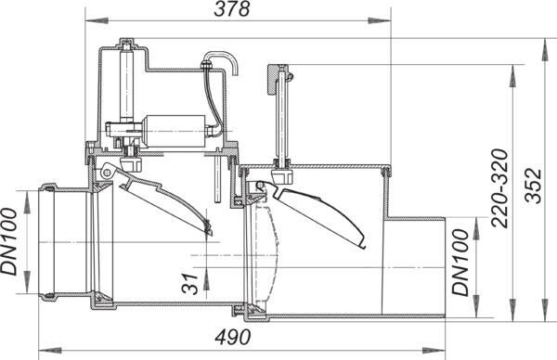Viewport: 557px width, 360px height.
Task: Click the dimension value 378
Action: [x=231, y=8]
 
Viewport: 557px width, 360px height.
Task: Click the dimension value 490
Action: [x=233, y=337]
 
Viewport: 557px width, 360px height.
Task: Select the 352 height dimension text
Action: [x=534, y=186]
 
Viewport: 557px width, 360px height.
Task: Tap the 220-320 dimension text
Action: [x=499, y=188]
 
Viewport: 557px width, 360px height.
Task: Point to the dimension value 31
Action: [x=189, y=284]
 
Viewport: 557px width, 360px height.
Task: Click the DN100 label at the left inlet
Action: [x=8, y=241]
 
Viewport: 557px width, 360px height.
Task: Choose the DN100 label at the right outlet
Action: [x=460, y=263]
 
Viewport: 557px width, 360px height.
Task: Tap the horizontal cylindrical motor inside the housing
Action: [x=175, y=131]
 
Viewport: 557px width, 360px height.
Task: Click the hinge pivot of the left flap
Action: [x=106, y=173]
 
